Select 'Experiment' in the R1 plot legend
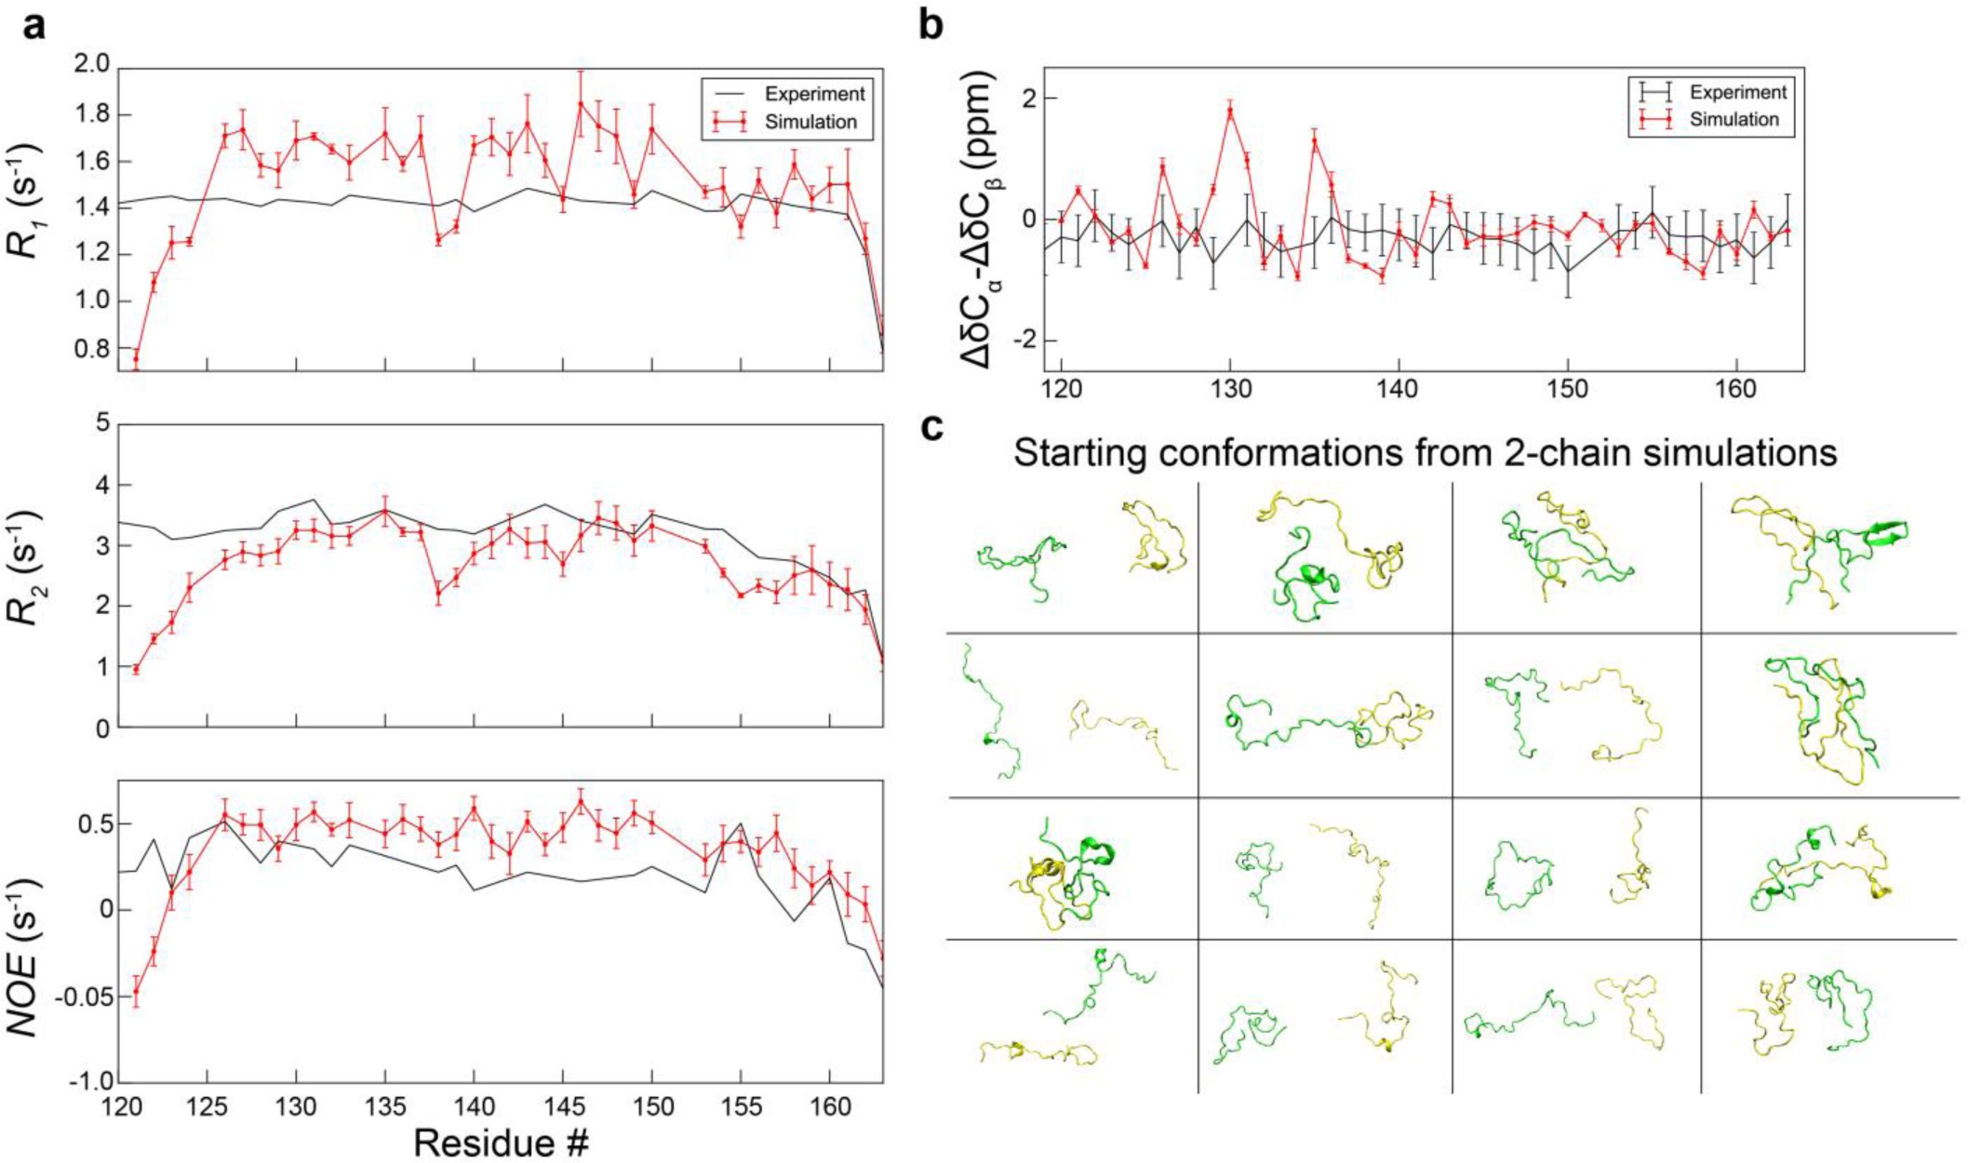pyautogui.click(x=814, y=94)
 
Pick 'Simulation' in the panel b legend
pyautogui.click(x=1734, y=119)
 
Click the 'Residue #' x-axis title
pyautogui.click(x=501, y=1141)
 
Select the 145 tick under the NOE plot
pyautogui.click(x=562, y=1108)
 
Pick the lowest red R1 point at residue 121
pyautogui.click(x=136, y=359)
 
